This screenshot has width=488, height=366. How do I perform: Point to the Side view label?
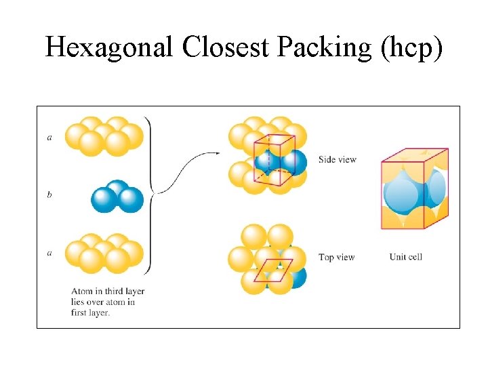point(337,159)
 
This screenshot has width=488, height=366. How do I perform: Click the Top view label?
point(336,258)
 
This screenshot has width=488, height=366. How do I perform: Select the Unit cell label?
point(406,258)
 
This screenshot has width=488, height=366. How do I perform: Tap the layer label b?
point(49,195)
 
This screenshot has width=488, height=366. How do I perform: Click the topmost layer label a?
point(49,137)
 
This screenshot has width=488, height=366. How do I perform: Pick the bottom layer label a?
point(49,253)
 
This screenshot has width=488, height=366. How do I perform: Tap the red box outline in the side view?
point(273,159)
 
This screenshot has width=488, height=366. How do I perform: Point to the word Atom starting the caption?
point(81,291)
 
